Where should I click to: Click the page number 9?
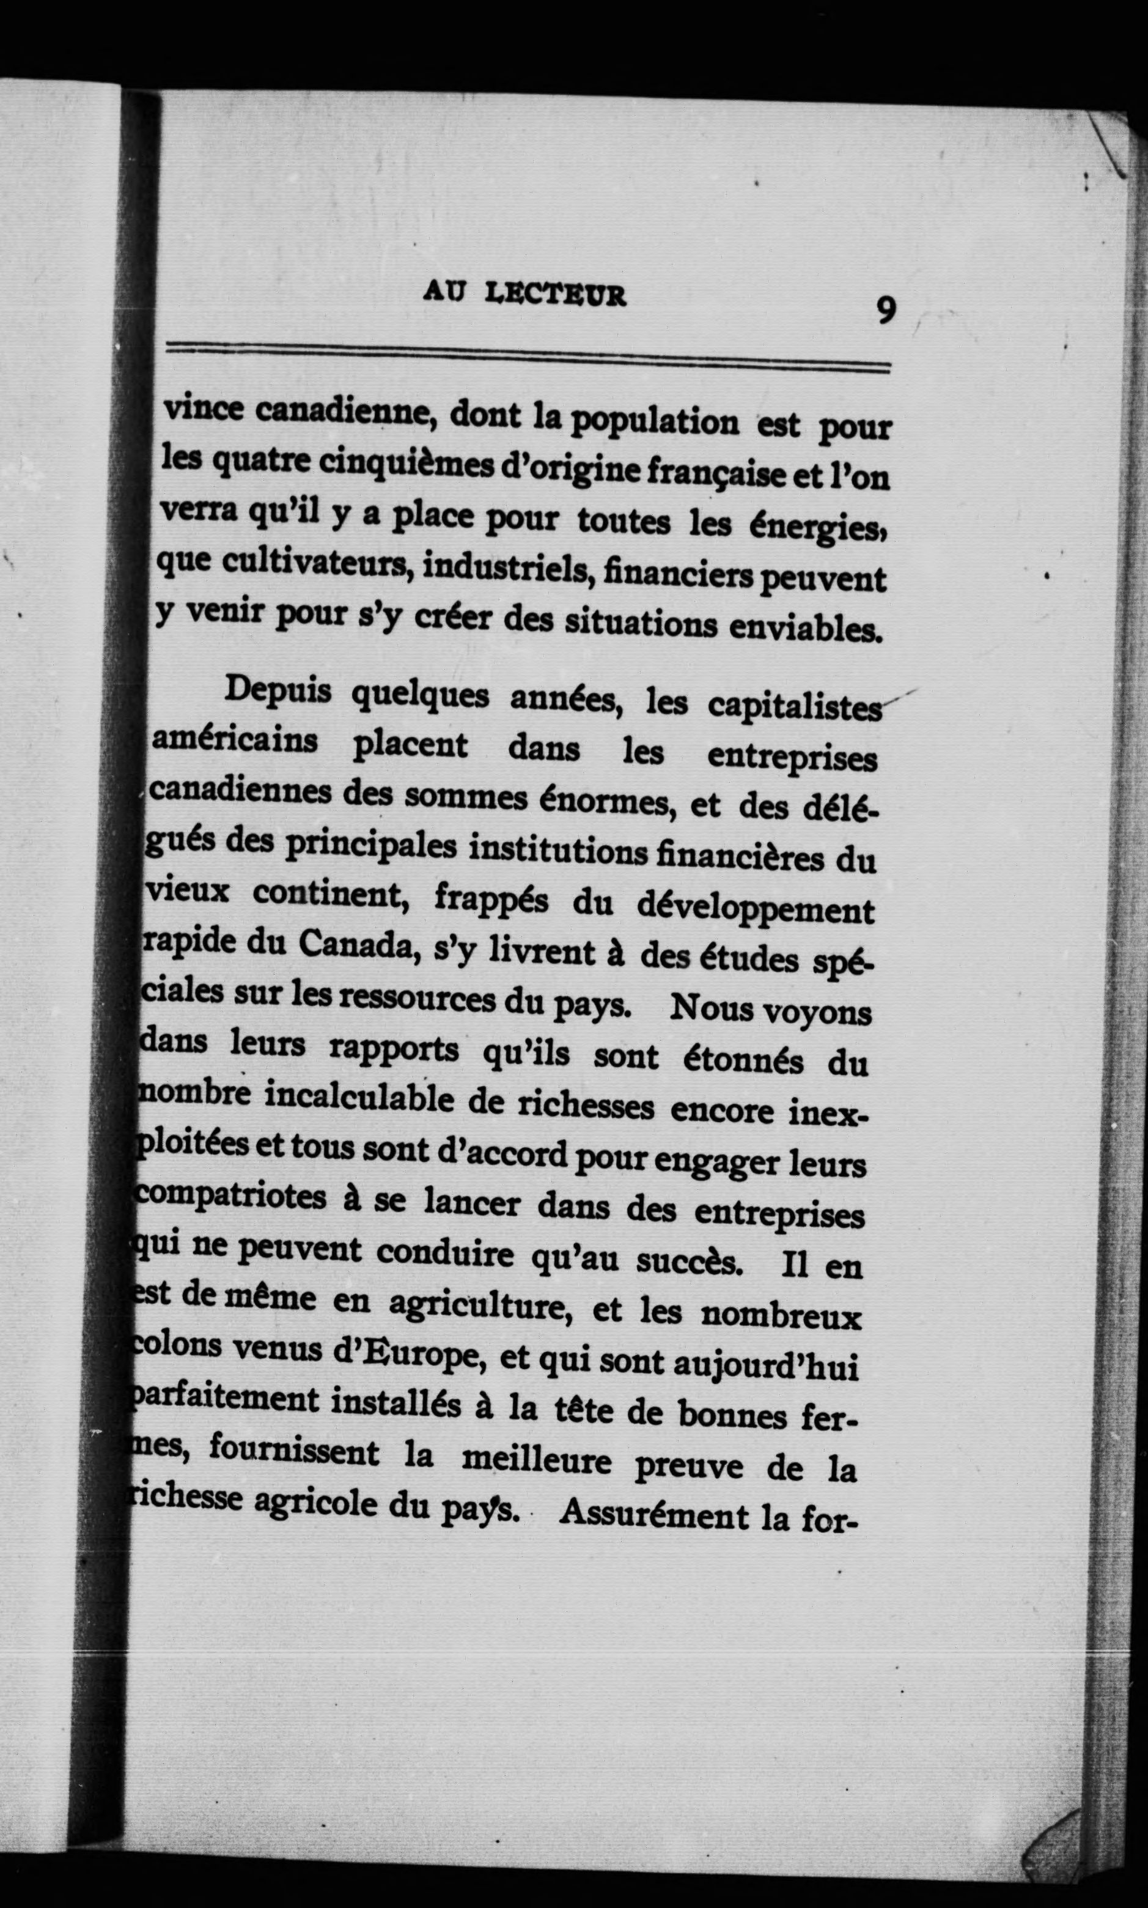click(x=886, y=311)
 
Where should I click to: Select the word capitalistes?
click(x=793, y=707)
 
